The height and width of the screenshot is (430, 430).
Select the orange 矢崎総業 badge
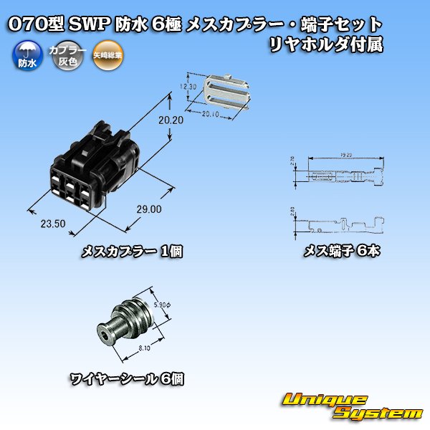click(x=107, y=55)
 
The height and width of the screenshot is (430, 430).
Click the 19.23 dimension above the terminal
click(x=346, y=156)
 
